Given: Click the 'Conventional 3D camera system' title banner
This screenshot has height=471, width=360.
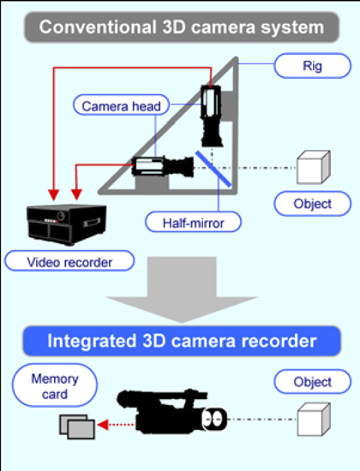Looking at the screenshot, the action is [182, 27].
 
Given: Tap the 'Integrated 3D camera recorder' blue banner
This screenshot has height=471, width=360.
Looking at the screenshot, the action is [182, 341].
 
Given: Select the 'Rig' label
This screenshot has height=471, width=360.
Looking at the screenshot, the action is [313, 66].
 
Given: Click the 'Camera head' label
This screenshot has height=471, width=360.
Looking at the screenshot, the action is [121, 105].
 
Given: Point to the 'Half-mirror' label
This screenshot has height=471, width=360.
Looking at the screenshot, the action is [193, 222].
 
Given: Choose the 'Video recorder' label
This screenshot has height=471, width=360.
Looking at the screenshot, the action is [69, 261].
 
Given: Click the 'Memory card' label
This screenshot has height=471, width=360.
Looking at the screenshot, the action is [55, 385].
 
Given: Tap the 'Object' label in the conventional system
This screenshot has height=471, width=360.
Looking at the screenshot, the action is [313, 204].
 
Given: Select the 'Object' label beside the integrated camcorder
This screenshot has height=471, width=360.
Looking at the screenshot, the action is [313, 382].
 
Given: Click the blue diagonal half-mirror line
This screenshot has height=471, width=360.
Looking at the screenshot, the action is [213, 169].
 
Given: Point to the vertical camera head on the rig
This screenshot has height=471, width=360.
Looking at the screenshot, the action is [212, 116].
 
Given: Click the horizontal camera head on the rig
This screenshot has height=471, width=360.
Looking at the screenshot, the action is [163, 166].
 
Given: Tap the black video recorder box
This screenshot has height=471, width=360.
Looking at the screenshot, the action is [67, 224].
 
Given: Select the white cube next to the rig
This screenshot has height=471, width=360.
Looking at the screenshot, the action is [314, 167].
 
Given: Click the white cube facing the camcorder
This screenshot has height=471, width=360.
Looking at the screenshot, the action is [314, 420].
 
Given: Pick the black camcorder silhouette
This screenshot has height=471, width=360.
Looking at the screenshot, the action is [171, 411].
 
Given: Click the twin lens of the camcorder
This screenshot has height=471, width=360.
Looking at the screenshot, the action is [214, 419].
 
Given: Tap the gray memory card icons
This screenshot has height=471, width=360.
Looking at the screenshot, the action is [77, 426].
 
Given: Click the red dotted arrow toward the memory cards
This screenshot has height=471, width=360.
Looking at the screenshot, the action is [116, 425].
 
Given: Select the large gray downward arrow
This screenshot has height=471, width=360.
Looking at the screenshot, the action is [182, 289].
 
